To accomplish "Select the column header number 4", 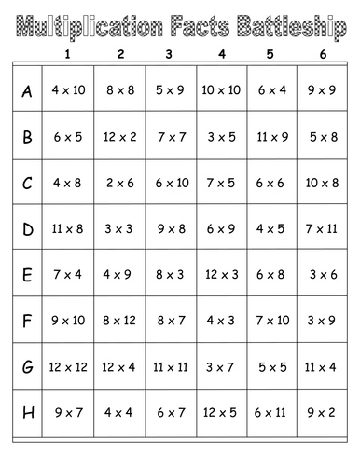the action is pyautogui.click(x=221, y=53).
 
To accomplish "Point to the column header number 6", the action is pyautogui.click(x=322, y=53).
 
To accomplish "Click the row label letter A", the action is pyautogui.click(x=27, y=91).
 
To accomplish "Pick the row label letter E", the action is pyautogui.click(x=27, y=274).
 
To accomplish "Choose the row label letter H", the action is pyautogui.click(x=27, y=411).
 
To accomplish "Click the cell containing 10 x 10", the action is pyautogui.click(x=221, y=91).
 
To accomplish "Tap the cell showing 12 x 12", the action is pyautogui.click(x=67, y=365).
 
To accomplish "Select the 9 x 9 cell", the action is pyautogui.click(x=322, y=91).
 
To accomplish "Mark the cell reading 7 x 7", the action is pyautogui.click(x=171, y=137).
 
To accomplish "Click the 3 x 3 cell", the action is pyautogui.click(x=120, y=228).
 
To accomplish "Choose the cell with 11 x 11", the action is pyautogui.click(x=171, y=365).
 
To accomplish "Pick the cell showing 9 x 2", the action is pyautogui.click(x=322, y=411).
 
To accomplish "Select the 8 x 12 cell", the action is pyautogui.click(x=120, y=320).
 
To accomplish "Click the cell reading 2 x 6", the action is pyautogui.click(x=120, y=183).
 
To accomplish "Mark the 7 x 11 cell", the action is pyautogui.click(x=322, y=228).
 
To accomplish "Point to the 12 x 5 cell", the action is pyautogui.click(x=221, y=411).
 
